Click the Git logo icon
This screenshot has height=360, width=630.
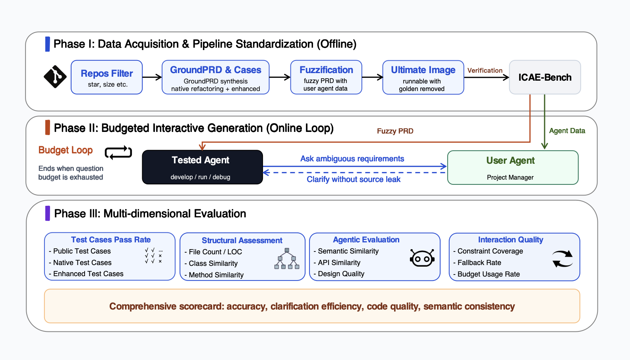pyautogui.click(x=55, y=77)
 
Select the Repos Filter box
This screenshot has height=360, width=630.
pyautogui.click(x=106, y=77)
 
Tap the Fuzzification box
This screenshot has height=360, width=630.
pyautogui.click(x=326, y=77)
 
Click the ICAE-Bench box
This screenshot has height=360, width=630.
pyautogui.click(x=545, y=77)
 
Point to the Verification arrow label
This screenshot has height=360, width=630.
pyautogui.click(x=485, y=70)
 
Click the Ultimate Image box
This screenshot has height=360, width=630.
pyautogui.click(x=423, y=77)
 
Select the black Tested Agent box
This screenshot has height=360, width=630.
pyautogui.click(x=203, y=167)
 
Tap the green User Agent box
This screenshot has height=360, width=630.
pyautogui.click(x=513, y=168)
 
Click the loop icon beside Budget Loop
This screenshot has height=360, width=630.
pyautogui.click(x=118, y=153)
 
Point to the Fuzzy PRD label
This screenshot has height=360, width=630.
pyautogui.click(x=395, y=131)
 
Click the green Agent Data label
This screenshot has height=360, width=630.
pyautogui.click(x=567, y=131)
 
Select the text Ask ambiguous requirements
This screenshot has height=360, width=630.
pyautogui.click(x=352, y=159)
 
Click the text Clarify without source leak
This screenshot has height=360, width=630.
pyautogui.click(x=354, y=179)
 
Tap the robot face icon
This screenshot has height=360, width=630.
pyautogui.click(x=422, y=258)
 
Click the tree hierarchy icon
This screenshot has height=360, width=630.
pyautogui.click(x=287, y=258)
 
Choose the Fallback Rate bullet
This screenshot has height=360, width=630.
pyautogui.click(x=477, y=262)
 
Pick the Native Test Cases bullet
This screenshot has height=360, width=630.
pyautogui.click(x=80, y=262)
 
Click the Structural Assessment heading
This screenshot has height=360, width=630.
pyautogui.click(x=242, y=240)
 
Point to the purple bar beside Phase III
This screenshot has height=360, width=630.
pyautogui.click(x=48, y=213)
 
